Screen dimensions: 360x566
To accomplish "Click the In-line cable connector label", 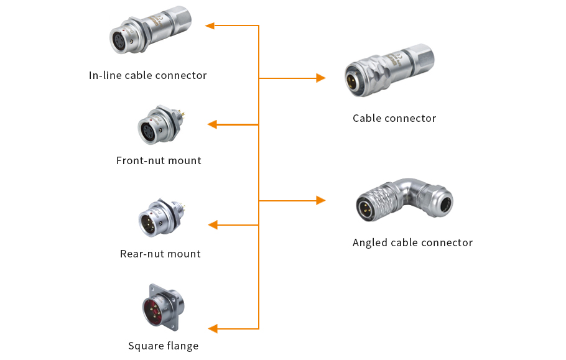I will pos(147,75).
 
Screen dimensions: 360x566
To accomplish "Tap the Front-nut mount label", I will pos(159,160).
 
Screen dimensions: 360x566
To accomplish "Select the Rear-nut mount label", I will pos(160,254).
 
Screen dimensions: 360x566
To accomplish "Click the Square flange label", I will pos(163,346).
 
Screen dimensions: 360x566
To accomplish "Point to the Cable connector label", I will pos(394,118).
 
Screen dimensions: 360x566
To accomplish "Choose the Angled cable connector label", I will pos(412,242).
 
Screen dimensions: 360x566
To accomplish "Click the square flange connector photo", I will pos(163,308).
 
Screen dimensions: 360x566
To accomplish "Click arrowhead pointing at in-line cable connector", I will pos(210,25).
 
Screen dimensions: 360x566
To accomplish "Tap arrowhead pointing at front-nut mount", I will pos(212,124).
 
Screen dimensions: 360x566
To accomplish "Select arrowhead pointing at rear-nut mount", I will pos(212,224).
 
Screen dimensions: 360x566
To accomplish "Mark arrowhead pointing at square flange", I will pos(212,328).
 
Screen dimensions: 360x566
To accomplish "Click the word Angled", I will pos(370,242).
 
